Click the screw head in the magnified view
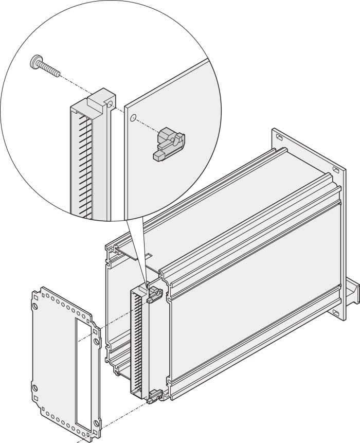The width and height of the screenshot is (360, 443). tap(35, 62)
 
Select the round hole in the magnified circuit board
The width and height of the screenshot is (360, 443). tap(133, 118)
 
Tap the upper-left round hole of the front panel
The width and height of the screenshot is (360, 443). tap(35, 306)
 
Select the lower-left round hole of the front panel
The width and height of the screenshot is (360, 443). tap(35, 387)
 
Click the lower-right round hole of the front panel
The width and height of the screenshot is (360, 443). tap(96, 423)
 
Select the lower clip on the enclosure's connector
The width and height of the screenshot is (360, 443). tap(154, 396)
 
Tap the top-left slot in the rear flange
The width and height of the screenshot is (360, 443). tap(278, 138)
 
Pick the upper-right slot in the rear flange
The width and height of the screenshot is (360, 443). tap(335, 169)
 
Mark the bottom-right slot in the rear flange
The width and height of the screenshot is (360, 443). tap(335, 312)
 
